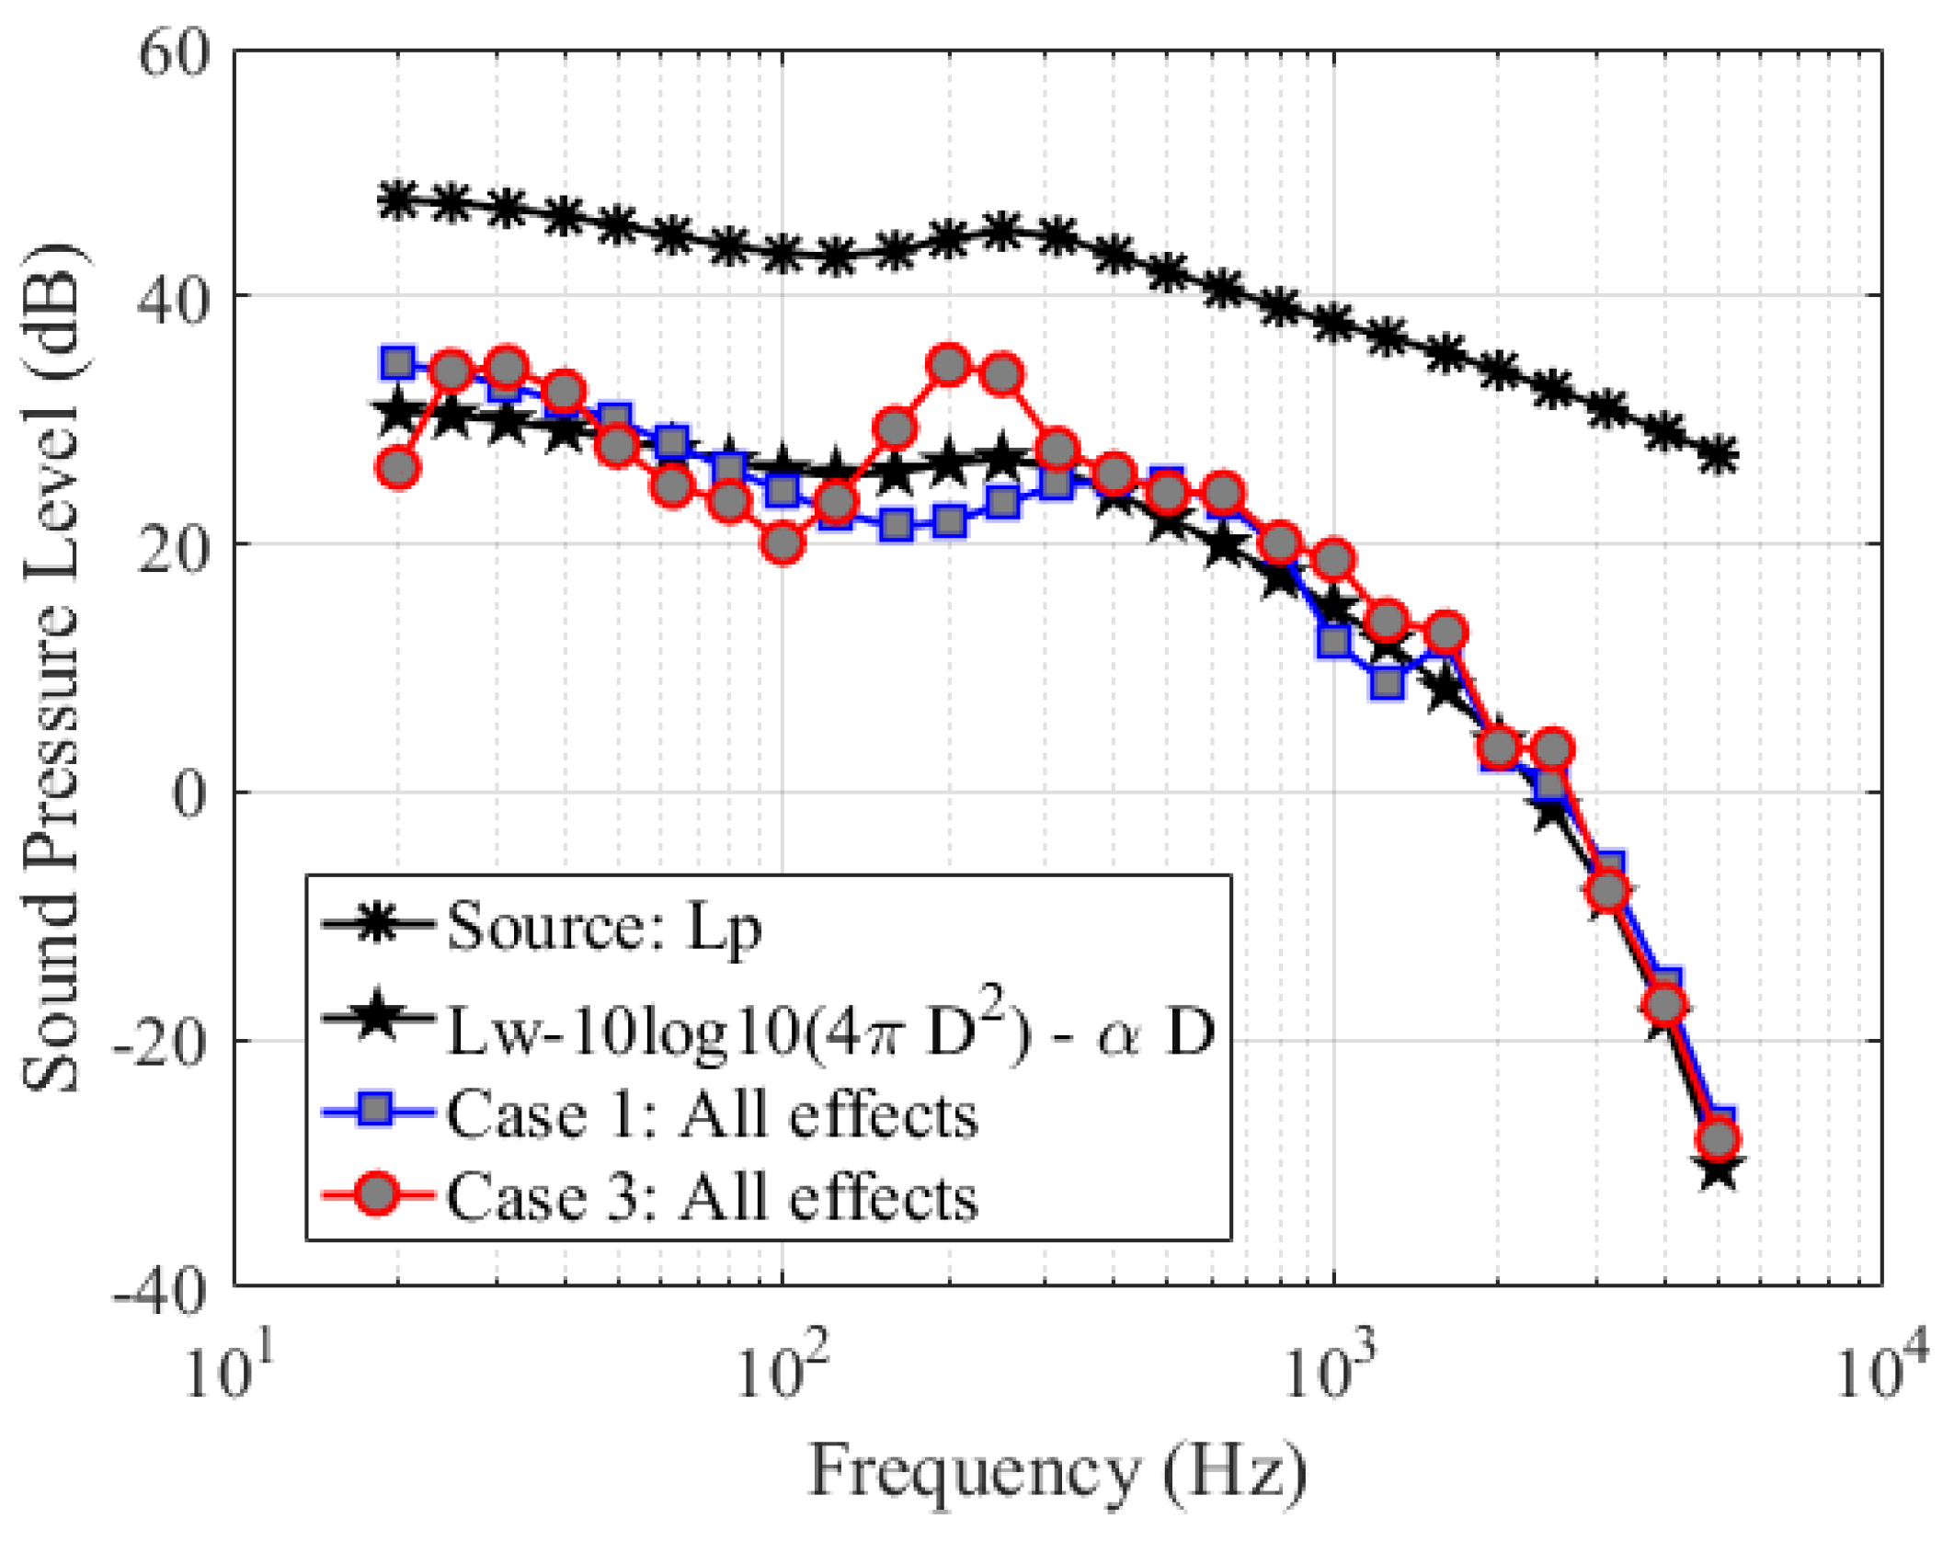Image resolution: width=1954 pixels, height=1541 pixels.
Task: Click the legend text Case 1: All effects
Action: pyautogui.click(x=712, y=1116)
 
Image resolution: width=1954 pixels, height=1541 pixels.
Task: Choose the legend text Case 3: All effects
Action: pyautogui.click(x=712, y=1198)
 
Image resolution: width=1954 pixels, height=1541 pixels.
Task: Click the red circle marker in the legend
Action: pyautogui.click(x=377, y=1195)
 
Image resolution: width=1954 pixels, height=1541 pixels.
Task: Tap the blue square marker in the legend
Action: pyautogui.click(x=377, y=1112)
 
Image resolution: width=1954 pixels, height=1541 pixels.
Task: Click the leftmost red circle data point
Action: pyautogui.click(x=398, y=469)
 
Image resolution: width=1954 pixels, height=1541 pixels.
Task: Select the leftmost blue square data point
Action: pyautogui.click(x=398, y=363)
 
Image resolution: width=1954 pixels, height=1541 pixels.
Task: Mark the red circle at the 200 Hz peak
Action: pyautogui.click(x=949, y=366)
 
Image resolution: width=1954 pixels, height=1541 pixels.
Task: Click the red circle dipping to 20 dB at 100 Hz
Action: pyautogui.click(x=783, y=543)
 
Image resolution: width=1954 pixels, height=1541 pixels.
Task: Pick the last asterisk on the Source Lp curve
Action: pyautogui.click(x=1718, y=456)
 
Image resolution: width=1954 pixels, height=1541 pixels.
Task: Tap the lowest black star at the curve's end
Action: pyautogui.click(x=1718, y=1172)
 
